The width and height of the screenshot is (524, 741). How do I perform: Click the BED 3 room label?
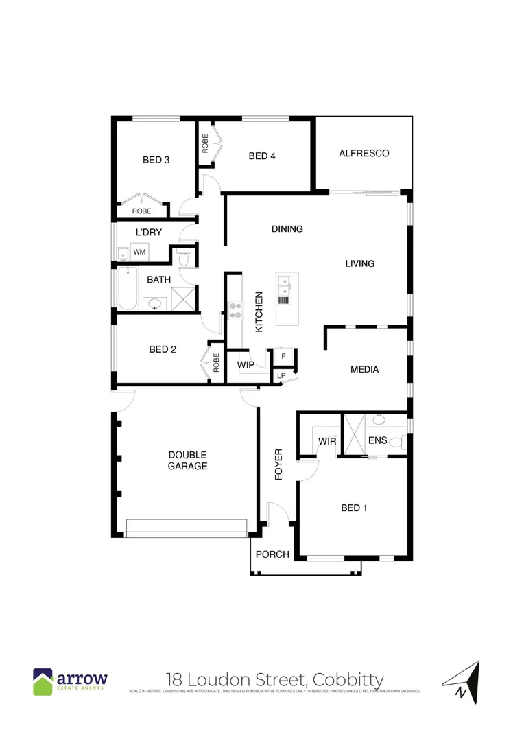(156, 160)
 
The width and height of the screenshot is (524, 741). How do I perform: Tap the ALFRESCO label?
(364, 154)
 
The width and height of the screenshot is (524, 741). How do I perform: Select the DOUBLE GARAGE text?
(187, 460)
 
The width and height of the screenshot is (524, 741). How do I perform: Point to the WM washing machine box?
(140, 252)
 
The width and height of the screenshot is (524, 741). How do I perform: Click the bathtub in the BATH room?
(126, 289)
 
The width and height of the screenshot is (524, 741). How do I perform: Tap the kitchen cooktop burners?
(235, 311)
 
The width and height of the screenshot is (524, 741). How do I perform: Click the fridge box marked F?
(283, 357)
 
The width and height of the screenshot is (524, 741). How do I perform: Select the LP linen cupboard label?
(281, 376)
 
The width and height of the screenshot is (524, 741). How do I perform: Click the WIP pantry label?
(246, 365)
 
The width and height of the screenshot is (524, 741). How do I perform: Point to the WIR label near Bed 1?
(327, 441)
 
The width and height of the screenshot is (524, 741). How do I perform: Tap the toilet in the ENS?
(396, 443)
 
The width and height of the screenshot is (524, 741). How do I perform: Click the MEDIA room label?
(364, 370)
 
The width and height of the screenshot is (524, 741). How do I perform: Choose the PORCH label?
(272, 554)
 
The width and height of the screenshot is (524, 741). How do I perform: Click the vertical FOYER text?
(278, 464)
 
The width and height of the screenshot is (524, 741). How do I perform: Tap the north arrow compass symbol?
(462, 682)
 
